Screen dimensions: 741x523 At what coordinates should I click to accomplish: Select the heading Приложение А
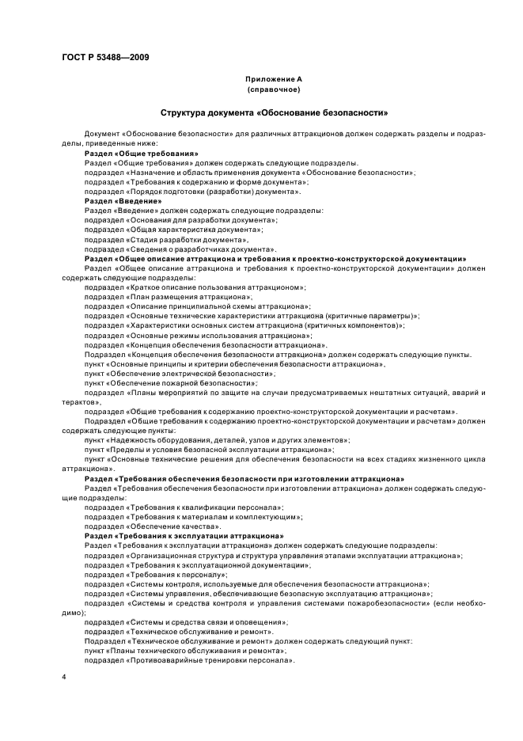click(x=273, y=80)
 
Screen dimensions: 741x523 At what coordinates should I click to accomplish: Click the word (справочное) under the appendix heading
click(x=273, y=90)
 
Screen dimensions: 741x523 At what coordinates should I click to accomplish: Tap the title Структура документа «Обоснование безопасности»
click(x=273, y=113)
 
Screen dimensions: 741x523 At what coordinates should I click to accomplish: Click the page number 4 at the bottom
click(x=65, y=677)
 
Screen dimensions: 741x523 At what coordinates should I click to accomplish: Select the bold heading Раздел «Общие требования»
click(x=141, y=153)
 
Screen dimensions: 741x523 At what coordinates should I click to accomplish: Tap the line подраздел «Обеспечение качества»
click(x=142, y=526)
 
